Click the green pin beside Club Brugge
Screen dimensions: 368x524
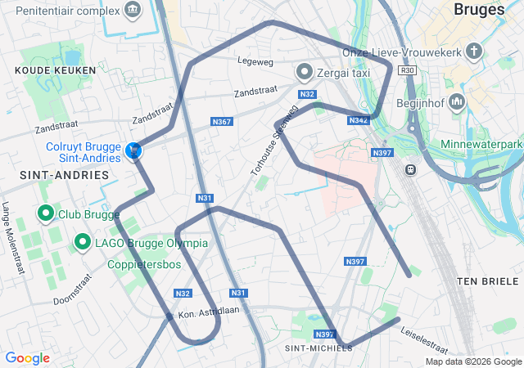coord(46,214)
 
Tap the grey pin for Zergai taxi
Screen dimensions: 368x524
coord(305,72)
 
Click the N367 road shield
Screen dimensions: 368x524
coord(221,122)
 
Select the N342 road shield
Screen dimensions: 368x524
coord(358,120)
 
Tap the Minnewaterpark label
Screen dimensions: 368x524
coord(481,145)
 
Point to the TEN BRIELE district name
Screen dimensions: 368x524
coord(488,280)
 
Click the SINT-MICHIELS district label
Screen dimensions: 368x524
coord(318,348)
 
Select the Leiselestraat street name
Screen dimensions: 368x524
coord(424,335)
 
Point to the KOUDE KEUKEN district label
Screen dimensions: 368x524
coord(56,70)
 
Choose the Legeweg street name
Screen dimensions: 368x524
coord(253,61)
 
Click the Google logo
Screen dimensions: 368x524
coord(27,358)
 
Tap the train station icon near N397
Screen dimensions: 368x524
coord(409,170)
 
